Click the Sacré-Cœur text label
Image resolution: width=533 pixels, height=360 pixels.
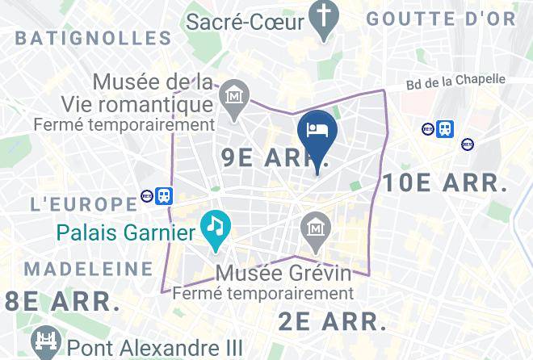tap(246, 21)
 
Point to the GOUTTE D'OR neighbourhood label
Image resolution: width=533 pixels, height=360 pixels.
tap(441, 19)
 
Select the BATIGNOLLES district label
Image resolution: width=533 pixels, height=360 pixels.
tap(94, 37)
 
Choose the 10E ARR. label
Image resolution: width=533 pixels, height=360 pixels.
tap(445, 182)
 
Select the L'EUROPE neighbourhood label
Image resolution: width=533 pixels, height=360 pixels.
tap(83, 203)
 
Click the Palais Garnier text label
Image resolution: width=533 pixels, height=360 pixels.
tap(126, 233)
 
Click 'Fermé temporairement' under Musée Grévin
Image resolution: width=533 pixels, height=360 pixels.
tap(264, 293)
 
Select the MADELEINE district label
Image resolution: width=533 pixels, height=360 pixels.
tap(88, 268)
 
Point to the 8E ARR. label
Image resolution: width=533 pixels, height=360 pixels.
tap(62, 302)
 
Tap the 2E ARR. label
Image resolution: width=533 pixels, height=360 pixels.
tap(333, 320)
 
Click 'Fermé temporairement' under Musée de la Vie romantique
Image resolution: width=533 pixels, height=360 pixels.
tap(124, 125)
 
